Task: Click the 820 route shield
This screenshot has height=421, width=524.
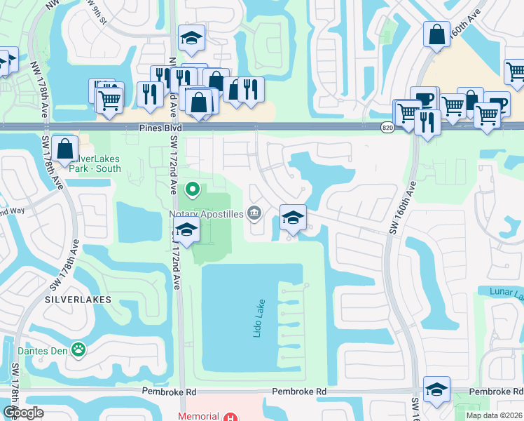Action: tap(387, 128)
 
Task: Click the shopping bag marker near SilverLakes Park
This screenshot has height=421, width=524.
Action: tap(64, 149)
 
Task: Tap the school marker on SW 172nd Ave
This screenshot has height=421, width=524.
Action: tap(186, 230)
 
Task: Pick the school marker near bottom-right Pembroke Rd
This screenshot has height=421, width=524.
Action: tap(436, 389)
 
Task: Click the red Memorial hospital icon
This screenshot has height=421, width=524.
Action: tap(230, 416)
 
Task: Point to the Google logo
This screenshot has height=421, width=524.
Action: tap(23, 413)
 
